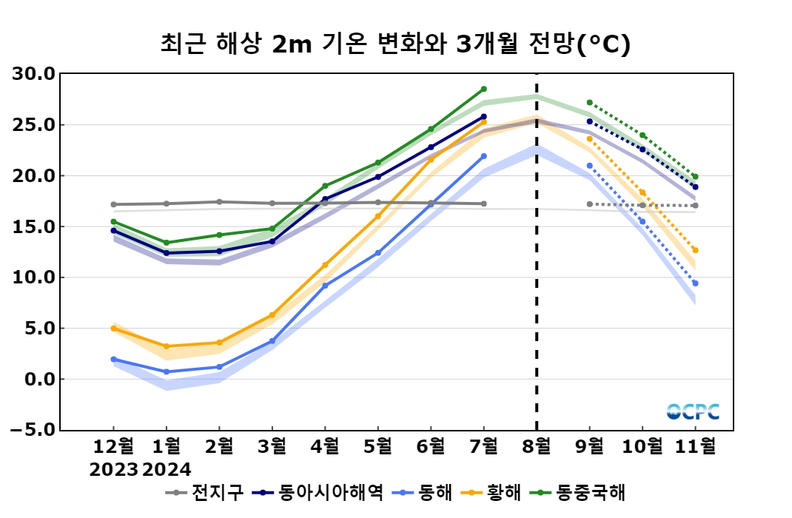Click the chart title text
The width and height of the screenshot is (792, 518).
tap(395, 44)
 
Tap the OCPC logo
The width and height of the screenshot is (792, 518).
tap(693, 412)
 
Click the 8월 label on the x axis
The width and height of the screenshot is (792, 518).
tap(537, 447)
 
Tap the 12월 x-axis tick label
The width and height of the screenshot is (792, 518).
tap(113, 447)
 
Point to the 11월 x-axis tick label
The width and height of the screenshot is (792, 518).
tap(694, 447)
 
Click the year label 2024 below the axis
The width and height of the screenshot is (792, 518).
tap(167, 469)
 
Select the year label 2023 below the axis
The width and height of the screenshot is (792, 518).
tap(113, 469)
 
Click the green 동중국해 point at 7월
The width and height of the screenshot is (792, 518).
tap(483, 89)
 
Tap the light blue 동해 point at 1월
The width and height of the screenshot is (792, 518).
tap(167, 371)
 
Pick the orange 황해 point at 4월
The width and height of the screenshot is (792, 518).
tap(325, 265)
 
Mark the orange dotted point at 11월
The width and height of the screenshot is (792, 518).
tap(695, 250)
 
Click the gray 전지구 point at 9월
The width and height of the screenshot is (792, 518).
tap(589, 204)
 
